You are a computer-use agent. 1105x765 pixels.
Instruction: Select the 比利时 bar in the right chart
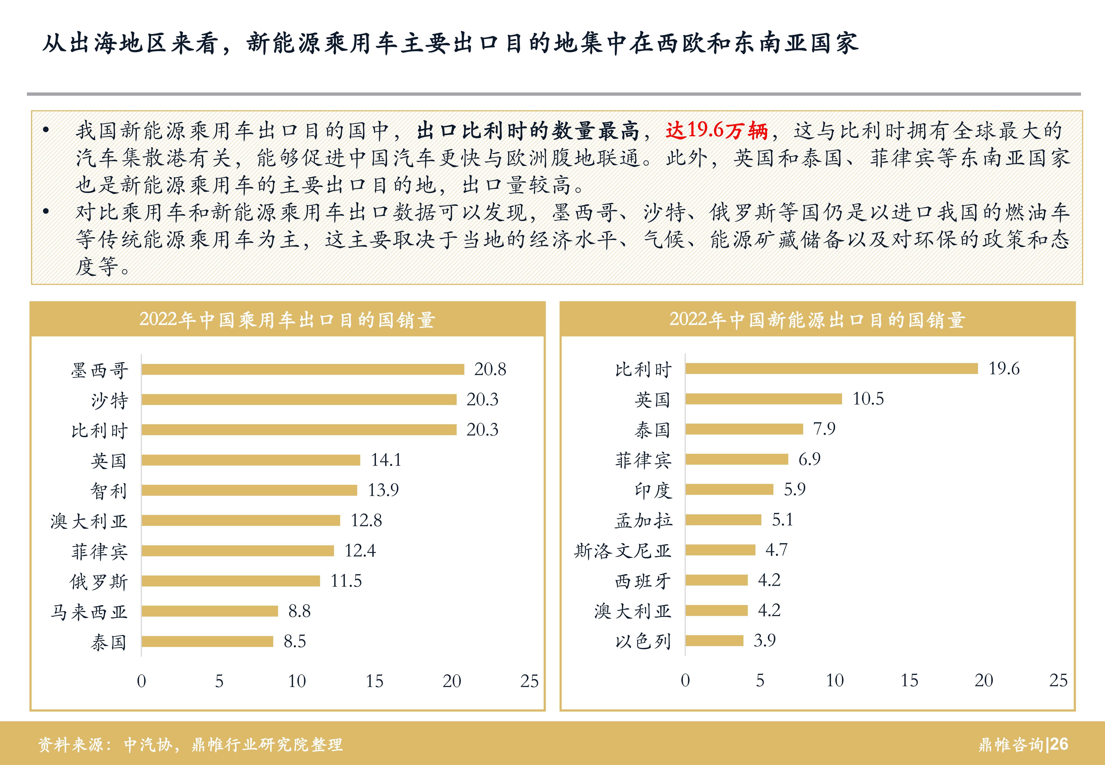click(x=831, y=368)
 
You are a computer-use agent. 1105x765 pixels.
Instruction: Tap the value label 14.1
click(x=386, y=460)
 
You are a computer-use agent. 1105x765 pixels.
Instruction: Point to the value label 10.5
click(x=868, y=399)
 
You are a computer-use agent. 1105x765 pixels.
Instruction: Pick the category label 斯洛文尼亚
click(x=623, y=551)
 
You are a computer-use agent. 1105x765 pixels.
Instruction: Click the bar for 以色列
click(x=714, y=640)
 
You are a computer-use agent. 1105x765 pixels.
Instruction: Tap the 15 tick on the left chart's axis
click(x=374, y=681)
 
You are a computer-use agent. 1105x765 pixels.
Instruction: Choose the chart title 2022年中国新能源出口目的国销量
click(x=817, y=320)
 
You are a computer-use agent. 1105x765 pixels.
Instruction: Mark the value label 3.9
click(x=765, y=640)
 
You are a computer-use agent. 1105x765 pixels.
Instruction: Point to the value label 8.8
click(x=299, y=611)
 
